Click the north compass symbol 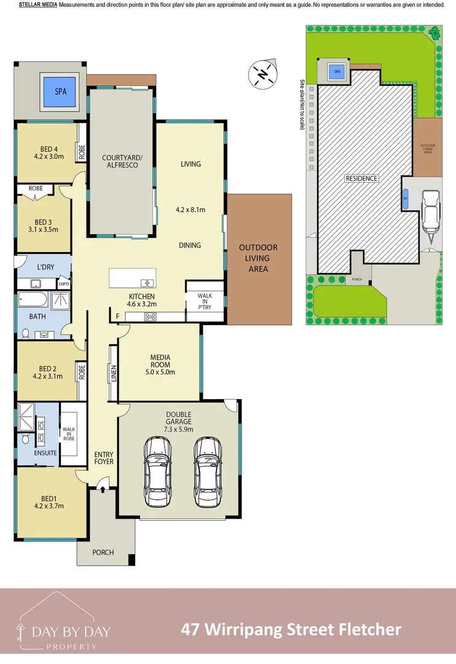262,74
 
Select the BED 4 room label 49,149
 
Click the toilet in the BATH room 26,333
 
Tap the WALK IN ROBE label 68,435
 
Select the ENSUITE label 46,453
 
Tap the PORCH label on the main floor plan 103,552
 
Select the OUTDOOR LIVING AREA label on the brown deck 258,258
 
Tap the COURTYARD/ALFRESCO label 122,161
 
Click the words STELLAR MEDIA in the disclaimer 38,5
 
